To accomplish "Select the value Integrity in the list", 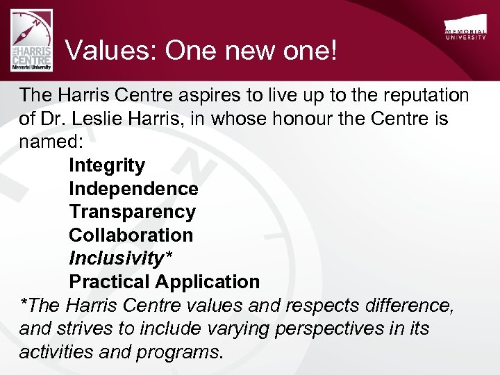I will (x=107, y=166).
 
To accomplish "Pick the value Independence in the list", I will (x=133, y=189).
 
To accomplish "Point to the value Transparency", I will (x=132, y=212).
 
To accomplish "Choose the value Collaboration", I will (x=131, y=235).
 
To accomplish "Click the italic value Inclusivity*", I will (x=120, y=258).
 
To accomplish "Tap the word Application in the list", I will (x=207, y=282).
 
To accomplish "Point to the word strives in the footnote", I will (x=87, y=328).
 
